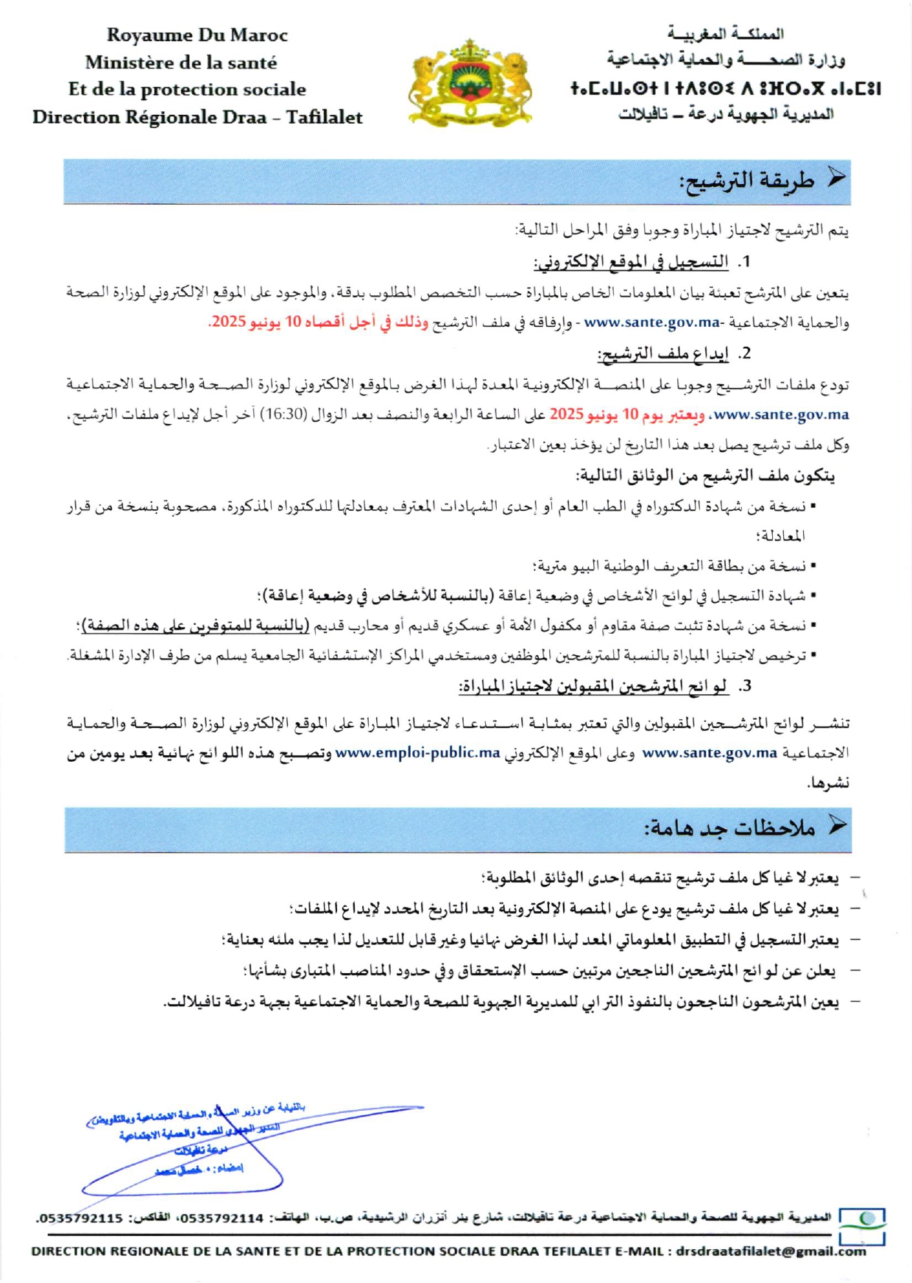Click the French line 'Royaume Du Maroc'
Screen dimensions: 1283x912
[x=197, y=35]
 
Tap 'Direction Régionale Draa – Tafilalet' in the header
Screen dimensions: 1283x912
[x=197, y=118]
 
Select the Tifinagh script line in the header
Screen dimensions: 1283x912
[x=726, y=89]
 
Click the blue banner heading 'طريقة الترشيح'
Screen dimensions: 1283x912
[x=746, y=181]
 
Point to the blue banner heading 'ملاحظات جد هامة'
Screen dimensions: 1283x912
[x=729, y=829]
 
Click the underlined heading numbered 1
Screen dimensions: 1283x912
[x=631, y=262]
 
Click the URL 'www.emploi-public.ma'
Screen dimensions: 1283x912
[x=417, y=753]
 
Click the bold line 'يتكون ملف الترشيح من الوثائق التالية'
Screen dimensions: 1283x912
[x=705, y=476]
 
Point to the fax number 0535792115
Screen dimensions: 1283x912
[x=82, y=1218]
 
